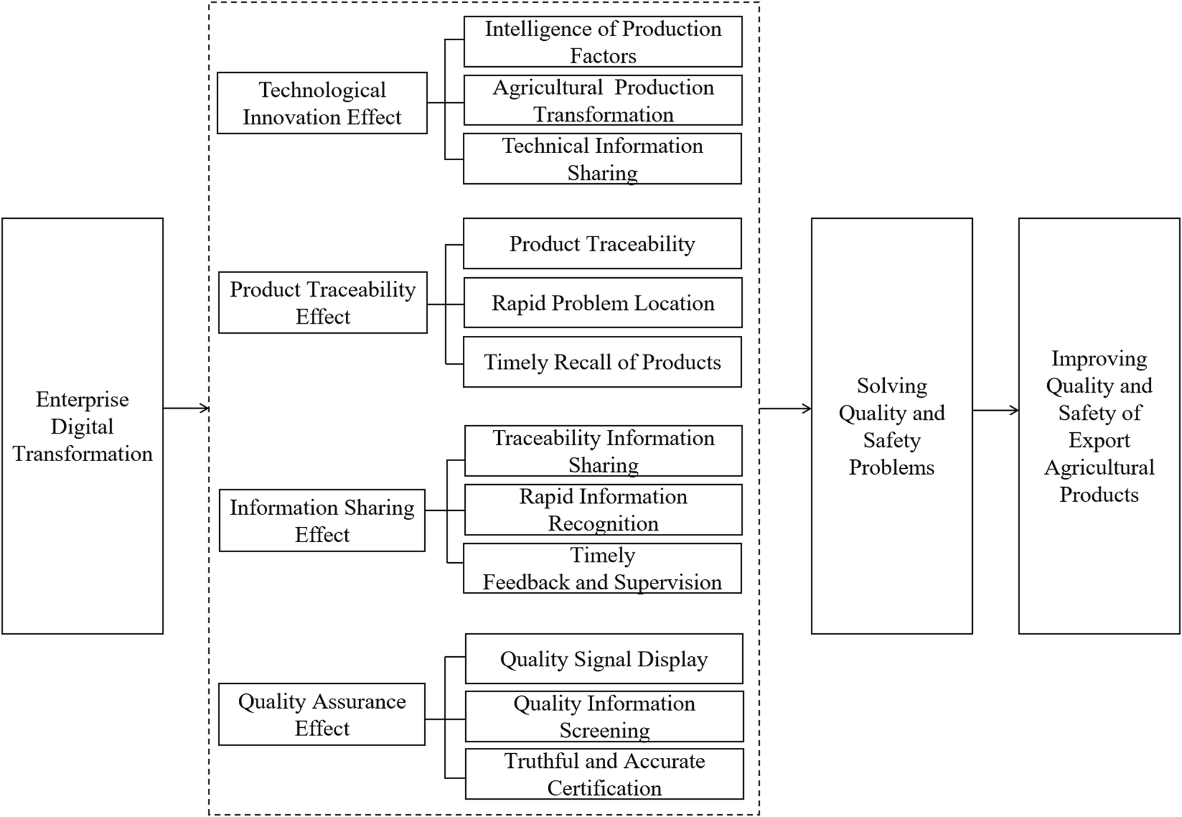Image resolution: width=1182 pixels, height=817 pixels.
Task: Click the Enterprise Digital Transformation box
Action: click(x=82, y=426)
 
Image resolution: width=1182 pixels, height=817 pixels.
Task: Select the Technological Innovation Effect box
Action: click(x=322, y=103)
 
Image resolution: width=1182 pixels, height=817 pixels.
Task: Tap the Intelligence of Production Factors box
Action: click(x=603, y=41)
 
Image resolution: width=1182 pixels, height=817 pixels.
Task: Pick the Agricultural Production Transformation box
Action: click(x=603, y=100)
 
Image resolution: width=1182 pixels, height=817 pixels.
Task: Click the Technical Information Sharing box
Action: click(x=602, y=158)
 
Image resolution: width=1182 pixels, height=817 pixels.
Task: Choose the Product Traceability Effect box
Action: click(x=323, y=302)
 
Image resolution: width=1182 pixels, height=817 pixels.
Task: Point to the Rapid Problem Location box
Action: click(x=603, y=303)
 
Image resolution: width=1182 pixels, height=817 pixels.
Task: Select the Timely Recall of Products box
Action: click(x=602, y=362)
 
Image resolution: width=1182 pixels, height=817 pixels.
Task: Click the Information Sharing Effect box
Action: click(x=322, y=520)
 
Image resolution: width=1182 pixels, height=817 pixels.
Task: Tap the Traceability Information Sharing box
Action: click(x=603, y=450)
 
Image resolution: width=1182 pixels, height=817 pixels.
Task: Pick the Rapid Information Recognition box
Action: click(x=603, y=510)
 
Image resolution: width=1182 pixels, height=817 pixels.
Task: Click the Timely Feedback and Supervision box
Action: click(x=602, y=568)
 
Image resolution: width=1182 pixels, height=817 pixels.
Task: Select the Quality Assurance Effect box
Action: click(x=322, y=714)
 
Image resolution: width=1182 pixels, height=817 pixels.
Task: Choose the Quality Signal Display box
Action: click(x=604, y=659)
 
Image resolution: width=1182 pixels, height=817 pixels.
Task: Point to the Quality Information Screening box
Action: click(x=604, y=717)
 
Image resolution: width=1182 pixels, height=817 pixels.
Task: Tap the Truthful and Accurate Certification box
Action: click(x=604, y=774)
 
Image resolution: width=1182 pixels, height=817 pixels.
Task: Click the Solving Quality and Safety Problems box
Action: click(x=891, y=426)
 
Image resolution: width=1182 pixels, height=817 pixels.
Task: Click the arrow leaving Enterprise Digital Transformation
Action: click(x=186, y=408)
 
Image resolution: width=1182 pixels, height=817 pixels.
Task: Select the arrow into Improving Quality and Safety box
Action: click(x=995, y=410)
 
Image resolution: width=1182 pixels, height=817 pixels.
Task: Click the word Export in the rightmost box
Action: click(x=1099, y=440)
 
